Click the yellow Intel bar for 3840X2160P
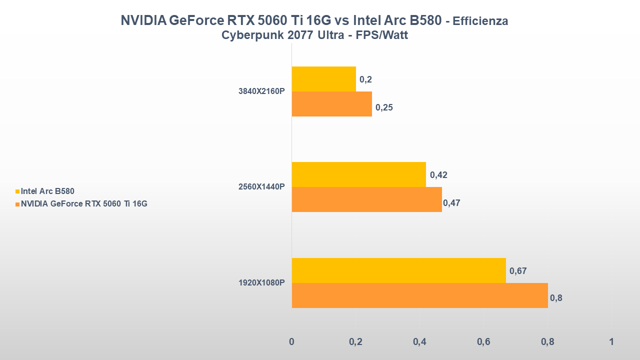[323, 79]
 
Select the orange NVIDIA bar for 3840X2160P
[331, 104]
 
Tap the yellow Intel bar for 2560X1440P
[358, 174]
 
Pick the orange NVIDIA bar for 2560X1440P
[366, 199]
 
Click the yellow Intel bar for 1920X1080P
[398, 270]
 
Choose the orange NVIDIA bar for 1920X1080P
[419, 295]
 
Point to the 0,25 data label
[384, 107]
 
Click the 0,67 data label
[518, 271]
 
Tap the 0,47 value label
[451, 203]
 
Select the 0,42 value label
[438, 175]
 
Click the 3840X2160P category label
[261, 91]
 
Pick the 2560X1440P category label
[261, 187]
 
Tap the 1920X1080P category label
[261, 282]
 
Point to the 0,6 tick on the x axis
[483, 342]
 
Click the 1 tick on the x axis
[611, 342]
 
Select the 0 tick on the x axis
[292, 342]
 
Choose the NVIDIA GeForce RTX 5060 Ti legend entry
[83, 203]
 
